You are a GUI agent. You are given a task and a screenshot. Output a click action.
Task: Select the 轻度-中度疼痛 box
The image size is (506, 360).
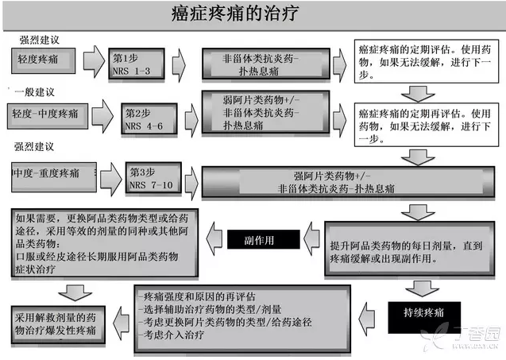tap(47, 114)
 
